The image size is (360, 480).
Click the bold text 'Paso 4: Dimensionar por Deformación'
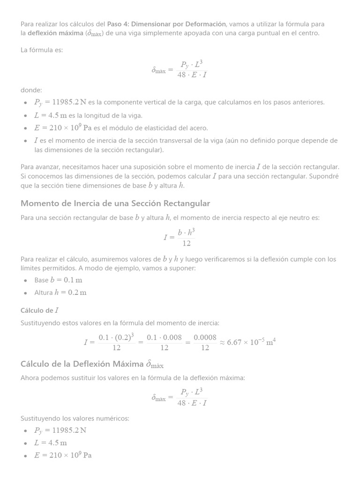166,24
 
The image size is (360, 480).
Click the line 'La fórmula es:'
42,50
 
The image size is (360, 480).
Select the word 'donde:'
31,90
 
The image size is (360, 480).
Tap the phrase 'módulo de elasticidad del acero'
156,128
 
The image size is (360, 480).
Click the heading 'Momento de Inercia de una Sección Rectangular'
115,203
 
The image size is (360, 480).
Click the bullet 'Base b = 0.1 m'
58,280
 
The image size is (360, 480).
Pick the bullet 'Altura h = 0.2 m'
60,292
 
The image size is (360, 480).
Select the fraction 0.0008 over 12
205,342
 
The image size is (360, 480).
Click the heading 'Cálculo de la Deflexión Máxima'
92,364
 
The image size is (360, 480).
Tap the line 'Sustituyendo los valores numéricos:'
75,418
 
